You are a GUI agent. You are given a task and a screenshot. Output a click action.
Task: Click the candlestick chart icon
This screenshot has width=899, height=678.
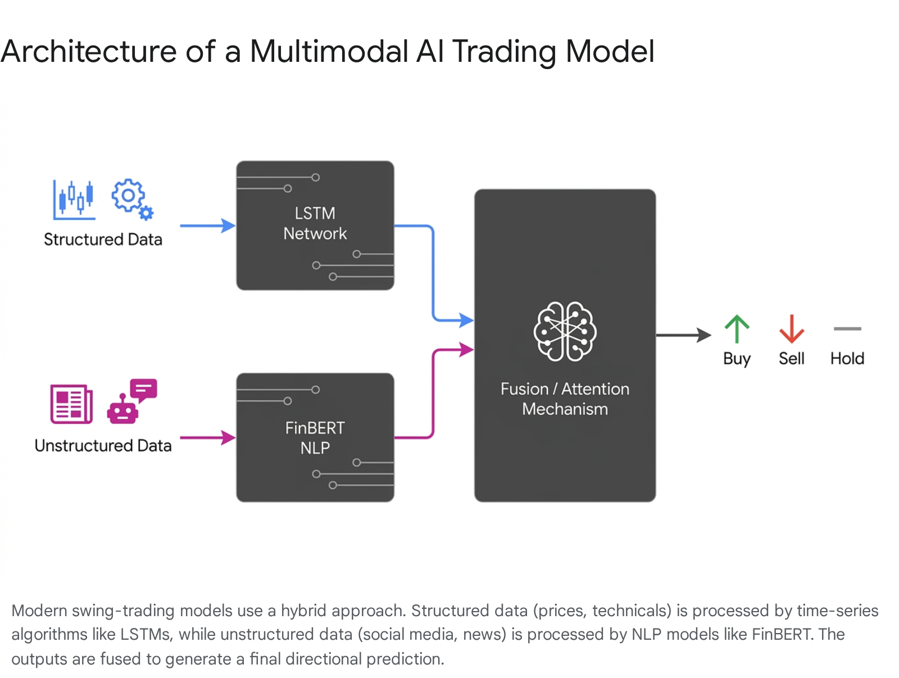[74, 200]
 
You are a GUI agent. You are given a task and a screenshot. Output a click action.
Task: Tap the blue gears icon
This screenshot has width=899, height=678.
[132, 200]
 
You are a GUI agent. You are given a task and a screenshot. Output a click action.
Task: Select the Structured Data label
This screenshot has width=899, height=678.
[103, 239]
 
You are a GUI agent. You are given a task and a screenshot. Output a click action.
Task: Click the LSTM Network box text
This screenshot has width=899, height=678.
[315, 223]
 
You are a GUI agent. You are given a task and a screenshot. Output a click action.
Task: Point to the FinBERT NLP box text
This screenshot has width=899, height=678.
[315, 437]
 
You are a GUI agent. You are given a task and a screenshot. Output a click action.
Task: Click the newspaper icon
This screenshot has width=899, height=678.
[71, 404]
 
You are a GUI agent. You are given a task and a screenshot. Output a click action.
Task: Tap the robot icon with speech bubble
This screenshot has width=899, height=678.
[132, 401]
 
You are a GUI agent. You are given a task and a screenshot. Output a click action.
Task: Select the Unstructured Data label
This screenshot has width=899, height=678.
[103, 445]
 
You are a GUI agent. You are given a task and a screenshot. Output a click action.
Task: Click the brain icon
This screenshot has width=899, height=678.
[565, 332]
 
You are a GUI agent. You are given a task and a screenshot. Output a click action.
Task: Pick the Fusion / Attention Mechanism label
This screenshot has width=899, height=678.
[565, 399]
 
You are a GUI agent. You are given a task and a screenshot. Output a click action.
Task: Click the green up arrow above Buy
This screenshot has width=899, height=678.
[737, 328]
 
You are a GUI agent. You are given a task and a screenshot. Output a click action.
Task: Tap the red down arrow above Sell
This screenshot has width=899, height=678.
[791, 328]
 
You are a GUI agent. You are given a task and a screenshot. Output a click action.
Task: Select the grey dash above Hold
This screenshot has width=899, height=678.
[847, 328]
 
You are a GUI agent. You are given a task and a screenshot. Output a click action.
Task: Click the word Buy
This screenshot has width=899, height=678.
[737, 359]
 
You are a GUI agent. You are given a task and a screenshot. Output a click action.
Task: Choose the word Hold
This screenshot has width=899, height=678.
[847, 359]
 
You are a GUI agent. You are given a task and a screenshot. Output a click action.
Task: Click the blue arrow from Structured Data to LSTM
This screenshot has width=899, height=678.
[208, 226]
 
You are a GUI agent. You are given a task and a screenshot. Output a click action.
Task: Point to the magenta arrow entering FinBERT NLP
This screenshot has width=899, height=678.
[208, 437]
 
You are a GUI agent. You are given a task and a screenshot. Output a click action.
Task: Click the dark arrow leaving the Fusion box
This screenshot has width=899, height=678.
[684, 335]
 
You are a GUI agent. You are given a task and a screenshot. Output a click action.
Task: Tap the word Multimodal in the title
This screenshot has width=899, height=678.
[329, 52]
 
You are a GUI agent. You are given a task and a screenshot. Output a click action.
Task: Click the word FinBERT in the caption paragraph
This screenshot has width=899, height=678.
[782, 634]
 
